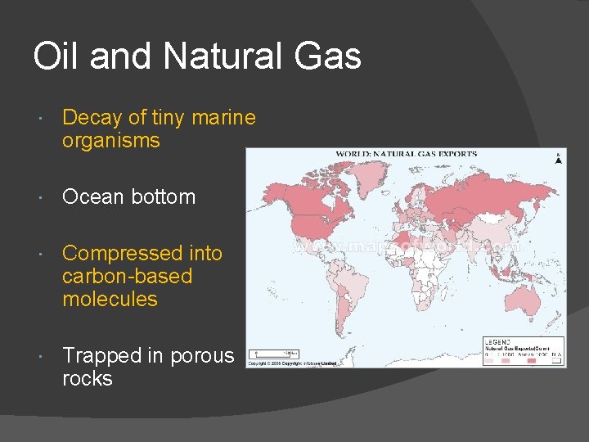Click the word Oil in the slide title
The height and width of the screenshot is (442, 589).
pyautogui.click(x=55, y=56)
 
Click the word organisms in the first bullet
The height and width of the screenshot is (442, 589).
pyautogui.click(x=110, y=141)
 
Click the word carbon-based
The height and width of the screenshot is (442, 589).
pyautogui.click(x=127, y=277)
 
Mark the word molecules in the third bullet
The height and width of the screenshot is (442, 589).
pyautogui.click(x=110, y=300)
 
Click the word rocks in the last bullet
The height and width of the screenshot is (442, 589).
pyautogui.click(x=87, y=379)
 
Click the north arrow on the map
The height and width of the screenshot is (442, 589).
pyautogui.click(x=559, y=159)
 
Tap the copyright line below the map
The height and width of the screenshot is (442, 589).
pyautogui.click(x=291, y=363)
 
